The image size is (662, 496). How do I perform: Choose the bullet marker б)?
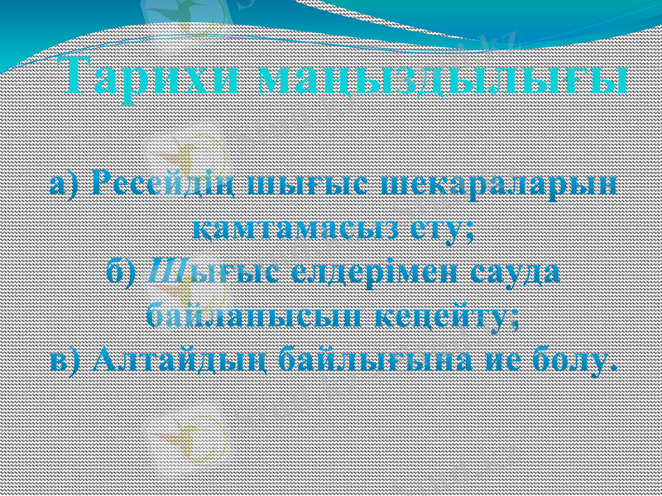(x=125, y=272)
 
